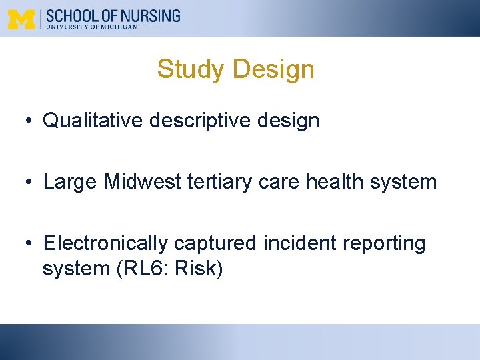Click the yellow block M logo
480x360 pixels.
(21, 19)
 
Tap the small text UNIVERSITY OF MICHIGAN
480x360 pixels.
(91, 27)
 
